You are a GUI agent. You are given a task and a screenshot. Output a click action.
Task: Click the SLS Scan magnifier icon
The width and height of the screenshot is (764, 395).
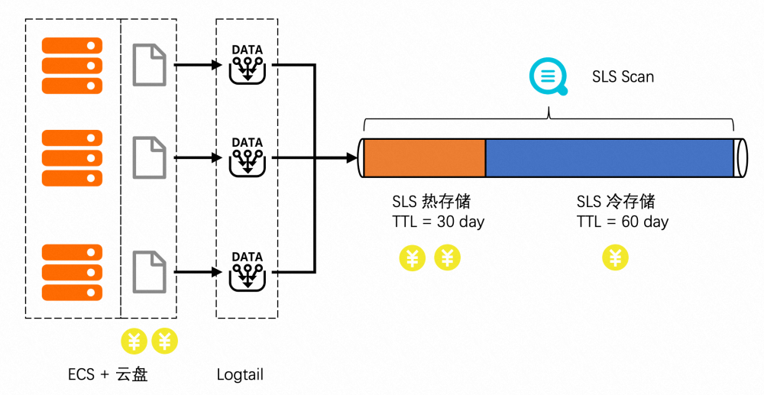pos(548,77)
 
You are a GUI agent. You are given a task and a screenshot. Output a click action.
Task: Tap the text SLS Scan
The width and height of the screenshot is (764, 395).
pos(623,77)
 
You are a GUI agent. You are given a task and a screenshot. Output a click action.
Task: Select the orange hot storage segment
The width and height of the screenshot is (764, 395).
pos(424,158)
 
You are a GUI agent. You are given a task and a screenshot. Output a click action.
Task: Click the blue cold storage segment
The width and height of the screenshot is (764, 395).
pos(610,158)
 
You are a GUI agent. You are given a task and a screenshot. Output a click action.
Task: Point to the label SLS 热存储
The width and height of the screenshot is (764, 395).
pos(431,202)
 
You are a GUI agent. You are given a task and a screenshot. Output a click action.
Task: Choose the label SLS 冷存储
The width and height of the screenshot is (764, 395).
pos(615,202)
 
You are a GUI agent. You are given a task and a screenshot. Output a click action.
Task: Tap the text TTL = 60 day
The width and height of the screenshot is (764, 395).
pos(622,222)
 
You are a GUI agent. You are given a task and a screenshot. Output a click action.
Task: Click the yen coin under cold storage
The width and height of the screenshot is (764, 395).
pos(615,257)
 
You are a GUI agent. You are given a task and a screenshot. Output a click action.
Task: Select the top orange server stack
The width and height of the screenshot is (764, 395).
pos(72,65)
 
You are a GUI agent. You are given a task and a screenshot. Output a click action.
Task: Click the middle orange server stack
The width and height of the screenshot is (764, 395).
pos(72,157)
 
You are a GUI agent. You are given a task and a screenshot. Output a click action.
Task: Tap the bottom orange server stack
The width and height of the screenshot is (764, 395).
pos(72,271)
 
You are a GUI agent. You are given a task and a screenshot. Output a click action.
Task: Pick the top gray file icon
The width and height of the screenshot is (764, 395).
pos(149,65)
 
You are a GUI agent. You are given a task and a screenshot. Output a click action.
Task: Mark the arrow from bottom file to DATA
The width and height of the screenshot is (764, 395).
pos(199,271)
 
